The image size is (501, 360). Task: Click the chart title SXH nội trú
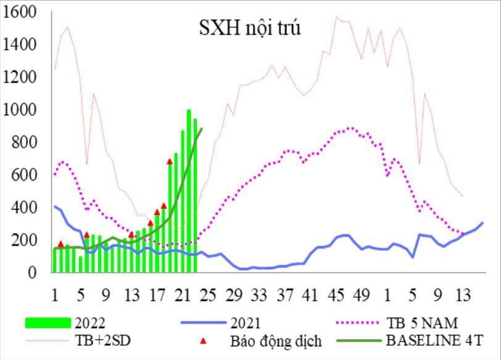tap(249, 28)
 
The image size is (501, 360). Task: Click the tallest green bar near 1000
tap(189, 191)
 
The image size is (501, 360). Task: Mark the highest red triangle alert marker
tap(170, 162)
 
